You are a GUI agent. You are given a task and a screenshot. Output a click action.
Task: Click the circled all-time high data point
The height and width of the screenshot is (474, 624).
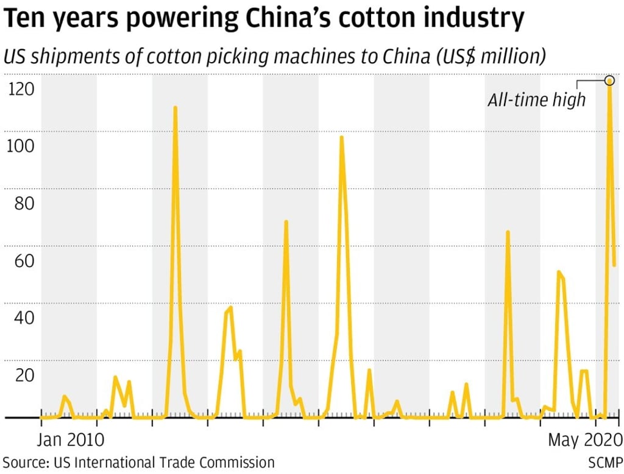pos(609,80)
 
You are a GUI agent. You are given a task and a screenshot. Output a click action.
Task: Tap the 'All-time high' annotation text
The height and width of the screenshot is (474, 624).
pos(536,100)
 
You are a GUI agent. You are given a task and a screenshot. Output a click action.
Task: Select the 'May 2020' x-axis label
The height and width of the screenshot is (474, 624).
pos(584,439)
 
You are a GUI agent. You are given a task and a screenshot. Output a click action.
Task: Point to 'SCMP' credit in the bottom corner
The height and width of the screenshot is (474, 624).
pos(604,462)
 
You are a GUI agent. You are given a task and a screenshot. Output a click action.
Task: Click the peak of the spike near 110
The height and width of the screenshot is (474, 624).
pos(175,108)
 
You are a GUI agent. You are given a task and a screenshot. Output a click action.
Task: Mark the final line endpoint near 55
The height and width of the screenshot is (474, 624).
pos(614,265)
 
